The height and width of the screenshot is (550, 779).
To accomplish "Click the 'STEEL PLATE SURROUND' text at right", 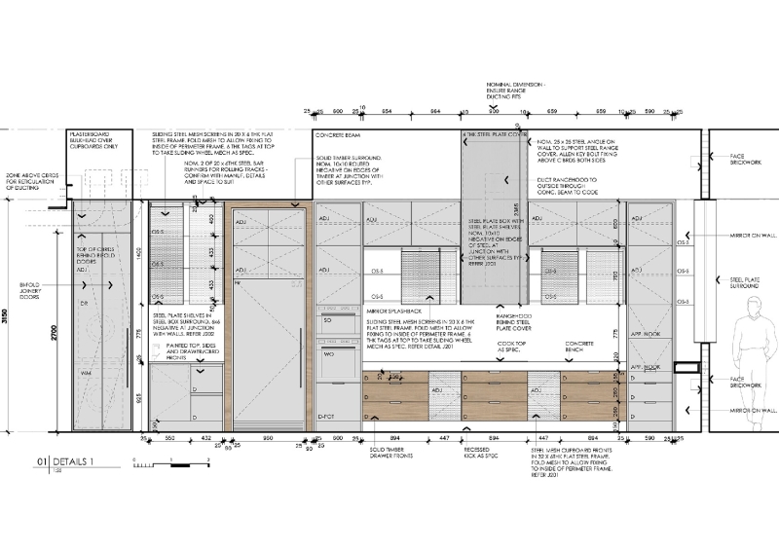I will pyautogui.click(x=750, y=283).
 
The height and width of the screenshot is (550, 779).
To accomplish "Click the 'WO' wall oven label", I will pyautogui.click(x=327, y=353).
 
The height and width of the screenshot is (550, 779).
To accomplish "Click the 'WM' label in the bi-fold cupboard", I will pyautogui.click(x=85, y=373).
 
